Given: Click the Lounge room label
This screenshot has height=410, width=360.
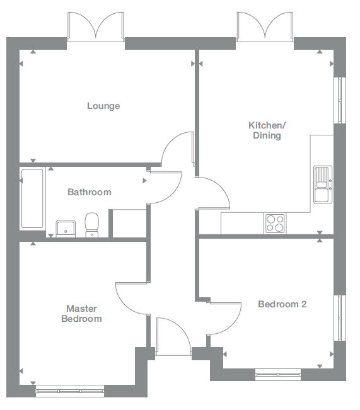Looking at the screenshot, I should click(x=103, y=106).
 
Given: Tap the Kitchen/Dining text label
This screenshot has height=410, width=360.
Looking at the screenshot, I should click(x=266, y=130).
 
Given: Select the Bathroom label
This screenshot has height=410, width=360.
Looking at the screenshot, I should click(x=90, y=192).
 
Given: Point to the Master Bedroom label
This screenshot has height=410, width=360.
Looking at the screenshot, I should click(x=81, y=314).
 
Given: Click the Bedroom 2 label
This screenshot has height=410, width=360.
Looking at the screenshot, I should click(x=282, y=304).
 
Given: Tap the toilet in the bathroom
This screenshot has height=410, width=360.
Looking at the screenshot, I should click(x=92, y=225).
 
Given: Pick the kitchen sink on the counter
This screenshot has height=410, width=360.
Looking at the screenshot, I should click(x=322, y=184).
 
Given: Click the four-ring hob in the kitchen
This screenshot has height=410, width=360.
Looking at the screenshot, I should click(x=275, y=222).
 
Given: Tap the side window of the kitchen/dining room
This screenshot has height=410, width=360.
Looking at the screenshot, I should click(x=340, y=101).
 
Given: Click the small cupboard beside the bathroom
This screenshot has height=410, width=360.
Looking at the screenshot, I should click(x=129, y=223).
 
